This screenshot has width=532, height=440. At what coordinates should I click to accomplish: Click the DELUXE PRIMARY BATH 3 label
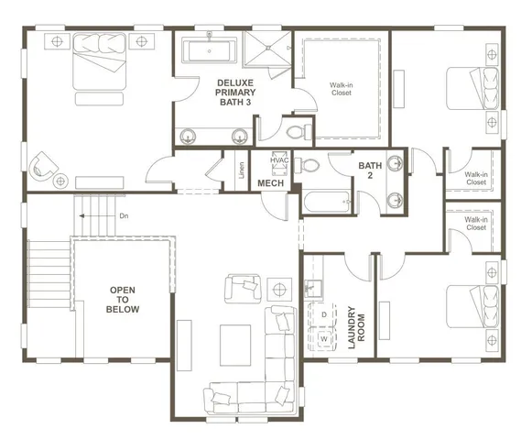[235, 93]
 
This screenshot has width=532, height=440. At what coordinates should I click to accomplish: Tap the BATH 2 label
[370, 171]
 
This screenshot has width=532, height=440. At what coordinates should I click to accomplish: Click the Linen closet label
[241, 171]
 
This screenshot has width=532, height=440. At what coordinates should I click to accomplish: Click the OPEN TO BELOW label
[124, 300]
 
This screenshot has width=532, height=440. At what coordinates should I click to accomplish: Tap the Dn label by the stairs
[124, 216]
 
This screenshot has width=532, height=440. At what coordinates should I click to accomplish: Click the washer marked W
[322, 337]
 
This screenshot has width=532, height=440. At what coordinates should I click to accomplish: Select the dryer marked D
[322, 314]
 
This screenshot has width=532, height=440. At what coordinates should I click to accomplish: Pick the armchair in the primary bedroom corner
[44, 166]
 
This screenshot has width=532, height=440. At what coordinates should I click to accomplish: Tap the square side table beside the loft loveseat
[279, 291]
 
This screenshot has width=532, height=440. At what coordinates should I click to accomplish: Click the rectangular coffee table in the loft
[236, 338]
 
